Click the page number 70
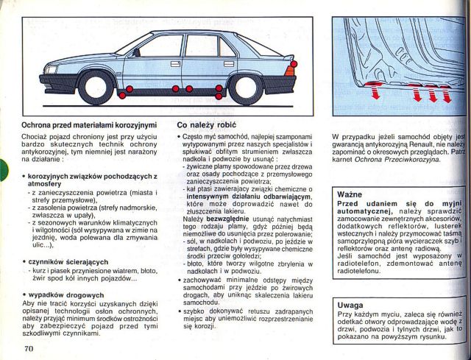point(29,347)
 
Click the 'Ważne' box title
point(350,194)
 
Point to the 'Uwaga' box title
point(350,305)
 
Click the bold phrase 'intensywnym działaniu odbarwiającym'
point(244,198)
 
